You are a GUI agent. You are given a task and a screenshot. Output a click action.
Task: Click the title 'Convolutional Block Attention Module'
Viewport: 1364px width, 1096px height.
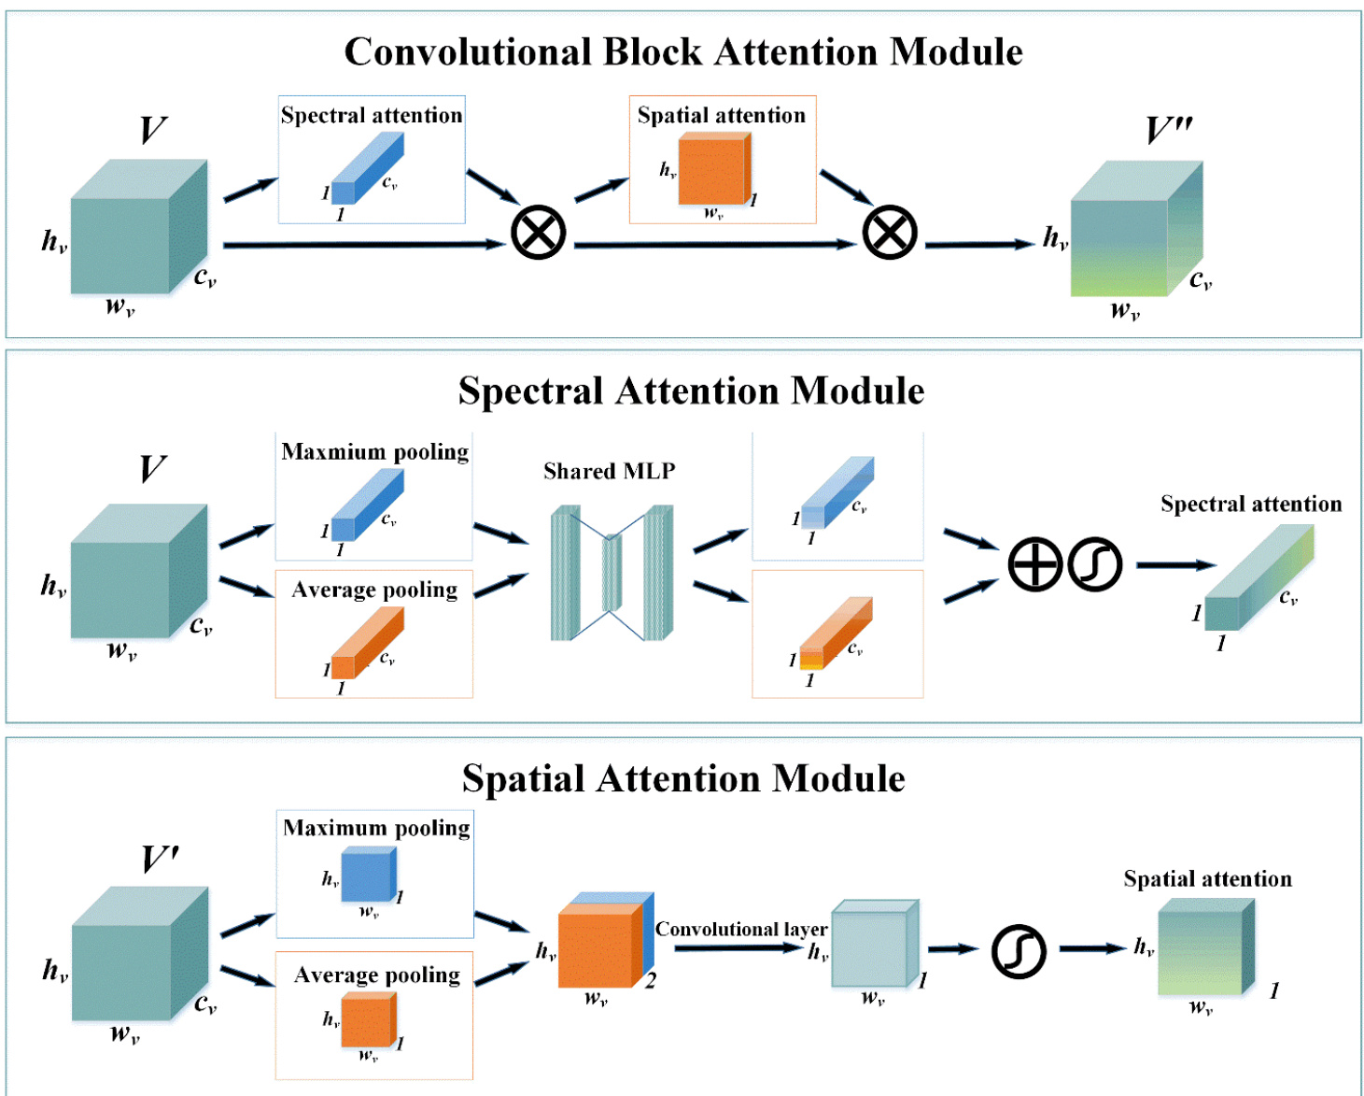coord(682,52)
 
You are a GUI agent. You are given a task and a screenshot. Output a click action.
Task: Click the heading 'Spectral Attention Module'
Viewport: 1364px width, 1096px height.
coord(691,391)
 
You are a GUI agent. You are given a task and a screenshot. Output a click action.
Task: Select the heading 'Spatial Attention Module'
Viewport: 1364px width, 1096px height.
coord(683,778)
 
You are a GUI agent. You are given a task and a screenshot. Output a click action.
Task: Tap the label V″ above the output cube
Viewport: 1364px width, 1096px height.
coord(1169,131)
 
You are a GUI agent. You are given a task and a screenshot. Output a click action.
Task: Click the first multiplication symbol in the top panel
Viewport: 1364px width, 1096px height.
coord(539,233)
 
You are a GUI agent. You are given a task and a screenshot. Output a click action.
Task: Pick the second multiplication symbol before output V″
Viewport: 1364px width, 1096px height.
coord(890,233)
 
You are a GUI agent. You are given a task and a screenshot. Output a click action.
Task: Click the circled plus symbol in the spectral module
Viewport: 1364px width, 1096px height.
coord(1035,564)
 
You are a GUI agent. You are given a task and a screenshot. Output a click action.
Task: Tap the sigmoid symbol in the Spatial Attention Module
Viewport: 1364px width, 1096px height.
coord(1019,951)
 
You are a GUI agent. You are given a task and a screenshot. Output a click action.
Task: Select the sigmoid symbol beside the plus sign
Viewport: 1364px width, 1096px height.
coord(1094,564)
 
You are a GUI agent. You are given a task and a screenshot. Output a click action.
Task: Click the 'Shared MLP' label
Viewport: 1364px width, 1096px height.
coord(609,471)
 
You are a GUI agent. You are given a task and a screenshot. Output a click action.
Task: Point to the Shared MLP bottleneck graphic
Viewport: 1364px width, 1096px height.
coord(612,573)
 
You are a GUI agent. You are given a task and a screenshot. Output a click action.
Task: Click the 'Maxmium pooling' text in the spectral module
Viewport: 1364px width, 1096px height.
coord(374,452)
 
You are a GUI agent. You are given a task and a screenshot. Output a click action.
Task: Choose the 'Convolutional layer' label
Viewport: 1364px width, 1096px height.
coord(741,929)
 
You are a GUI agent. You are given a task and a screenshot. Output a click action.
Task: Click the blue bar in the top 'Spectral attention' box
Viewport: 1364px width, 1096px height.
coord(367,168)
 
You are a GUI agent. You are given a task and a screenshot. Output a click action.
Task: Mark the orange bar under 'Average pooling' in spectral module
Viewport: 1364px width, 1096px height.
coord(367,643)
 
